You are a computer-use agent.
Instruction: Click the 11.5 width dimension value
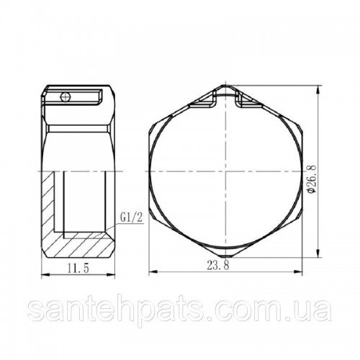(78, 268)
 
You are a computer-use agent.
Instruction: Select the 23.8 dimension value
(218, 266)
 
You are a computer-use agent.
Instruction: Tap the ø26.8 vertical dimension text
(312, 179)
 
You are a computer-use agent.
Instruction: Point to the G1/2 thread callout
(132, 218)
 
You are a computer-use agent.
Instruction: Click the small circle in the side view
(66, 97)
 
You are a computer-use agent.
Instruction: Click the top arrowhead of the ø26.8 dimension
(318, 91)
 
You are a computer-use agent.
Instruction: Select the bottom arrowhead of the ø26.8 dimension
(318, 252)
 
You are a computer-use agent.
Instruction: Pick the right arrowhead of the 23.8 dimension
(297, 271)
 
